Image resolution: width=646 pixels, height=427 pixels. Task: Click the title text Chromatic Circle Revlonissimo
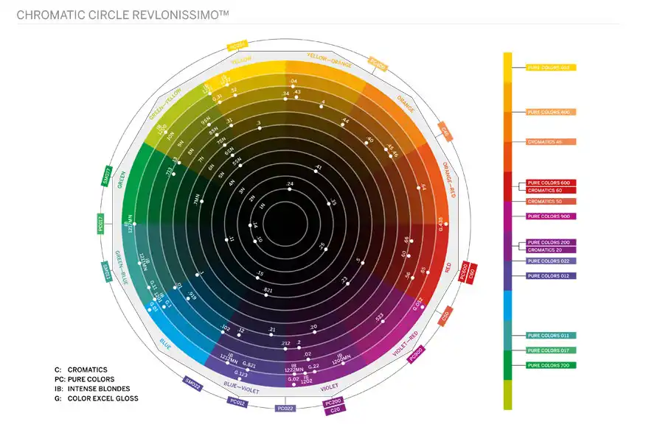pyautogui.click(x=118, y=15)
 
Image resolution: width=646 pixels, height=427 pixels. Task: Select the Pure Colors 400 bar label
pyautogui.click(x=551, y=112)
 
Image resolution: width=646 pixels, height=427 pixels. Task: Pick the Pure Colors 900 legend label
pyautogui.click(x=551, y=216)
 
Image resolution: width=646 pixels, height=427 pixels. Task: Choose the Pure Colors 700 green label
pyautogui.click(x=551, y=365)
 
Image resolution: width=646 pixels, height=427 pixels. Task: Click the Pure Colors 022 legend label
pyautogui.click(x=551, y=261)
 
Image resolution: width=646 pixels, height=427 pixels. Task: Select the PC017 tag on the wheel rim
pyautogui.click(x=100, y=222)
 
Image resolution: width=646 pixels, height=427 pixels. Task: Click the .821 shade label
pyautogui.click(x=268, y=291)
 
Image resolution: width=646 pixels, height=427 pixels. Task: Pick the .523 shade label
pyautogui.click(x=379, y=317)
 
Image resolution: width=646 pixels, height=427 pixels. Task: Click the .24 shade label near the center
pyautogui.click(x=290, y=183)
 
